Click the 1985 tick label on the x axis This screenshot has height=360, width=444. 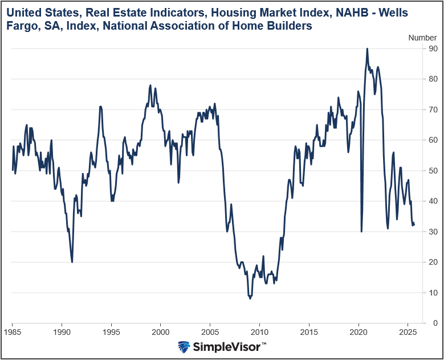(13, 331)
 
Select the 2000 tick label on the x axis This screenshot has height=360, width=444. (161, 331)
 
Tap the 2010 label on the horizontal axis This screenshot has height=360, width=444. (259, 331)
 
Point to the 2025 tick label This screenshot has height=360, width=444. (408, 331)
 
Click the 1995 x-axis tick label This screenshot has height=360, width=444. (111, 331)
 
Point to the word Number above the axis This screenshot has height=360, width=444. (423, 37)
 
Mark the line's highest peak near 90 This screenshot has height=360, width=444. (367, 49)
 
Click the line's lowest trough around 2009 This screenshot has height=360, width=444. (250, 298)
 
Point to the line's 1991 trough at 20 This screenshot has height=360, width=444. (72, 262)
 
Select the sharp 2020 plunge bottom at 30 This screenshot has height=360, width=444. (361, 231)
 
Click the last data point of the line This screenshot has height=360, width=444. (414, 225)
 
